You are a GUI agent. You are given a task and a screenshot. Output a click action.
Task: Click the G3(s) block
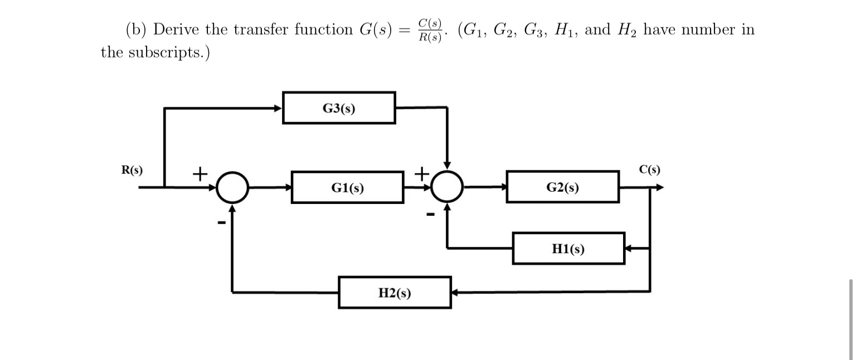pos(339,108)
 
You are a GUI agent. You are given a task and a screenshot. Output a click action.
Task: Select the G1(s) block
pos(347,188)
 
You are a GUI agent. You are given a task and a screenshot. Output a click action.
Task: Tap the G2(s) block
pos(562,188)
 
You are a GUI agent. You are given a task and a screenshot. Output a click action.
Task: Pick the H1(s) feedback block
pos(568,249)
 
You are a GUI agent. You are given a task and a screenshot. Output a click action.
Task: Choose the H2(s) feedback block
pos(395,292)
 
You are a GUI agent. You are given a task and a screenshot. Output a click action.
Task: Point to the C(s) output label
pos(650,169)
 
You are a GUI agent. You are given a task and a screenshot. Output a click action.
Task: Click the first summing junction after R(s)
pos(232,188)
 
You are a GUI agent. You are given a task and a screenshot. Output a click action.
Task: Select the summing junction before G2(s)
pos(446,188)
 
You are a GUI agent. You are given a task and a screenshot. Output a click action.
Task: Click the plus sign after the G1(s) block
pos(422,173)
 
